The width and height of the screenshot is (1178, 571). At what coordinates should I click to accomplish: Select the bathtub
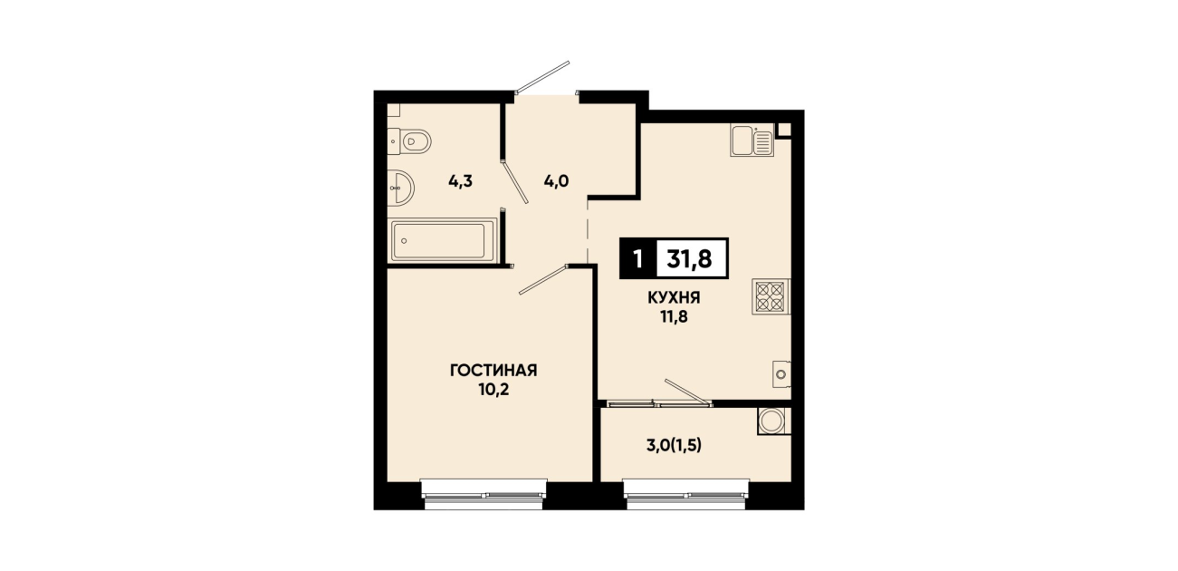[444, 240]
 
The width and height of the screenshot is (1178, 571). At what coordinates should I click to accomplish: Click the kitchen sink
[752, 140]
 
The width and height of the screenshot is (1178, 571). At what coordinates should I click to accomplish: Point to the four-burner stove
[771, 296]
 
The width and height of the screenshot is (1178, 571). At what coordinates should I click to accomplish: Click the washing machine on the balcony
[774, 421]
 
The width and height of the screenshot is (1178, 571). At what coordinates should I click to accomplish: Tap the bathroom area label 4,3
[460, 182]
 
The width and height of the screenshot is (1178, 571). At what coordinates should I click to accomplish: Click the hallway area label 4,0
[556, 182]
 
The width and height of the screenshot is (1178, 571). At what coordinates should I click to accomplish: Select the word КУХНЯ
[674, 298]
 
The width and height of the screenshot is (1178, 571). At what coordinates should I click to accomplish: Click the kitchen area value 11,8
[675, 317]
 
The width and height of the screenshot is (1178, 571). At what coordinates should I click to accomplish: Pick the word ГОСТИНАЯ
[493, 371]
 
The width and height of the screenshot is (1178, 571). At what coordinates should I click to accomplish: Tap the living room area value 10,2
[493, 390]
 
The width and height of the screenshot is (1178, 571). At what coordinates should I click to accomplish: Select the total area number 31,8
[689, 259]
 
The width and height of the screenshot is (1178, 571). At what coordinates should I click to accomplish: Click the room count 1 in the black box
[638, 259]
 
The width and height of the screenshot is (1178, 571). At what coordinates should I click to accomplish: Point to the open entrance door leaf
[541, 77]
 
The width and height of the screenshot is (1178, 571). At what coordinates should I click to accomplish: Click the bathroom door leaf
[514, 181]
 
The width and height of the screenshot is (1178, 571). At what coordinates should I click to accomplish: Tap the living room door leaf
[543, 279]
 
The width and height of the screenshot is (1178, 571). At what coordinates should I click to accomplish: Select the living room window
[484, 495]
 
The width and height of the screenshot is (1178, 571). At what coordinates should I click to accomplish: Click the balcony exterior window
[685, 495]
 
